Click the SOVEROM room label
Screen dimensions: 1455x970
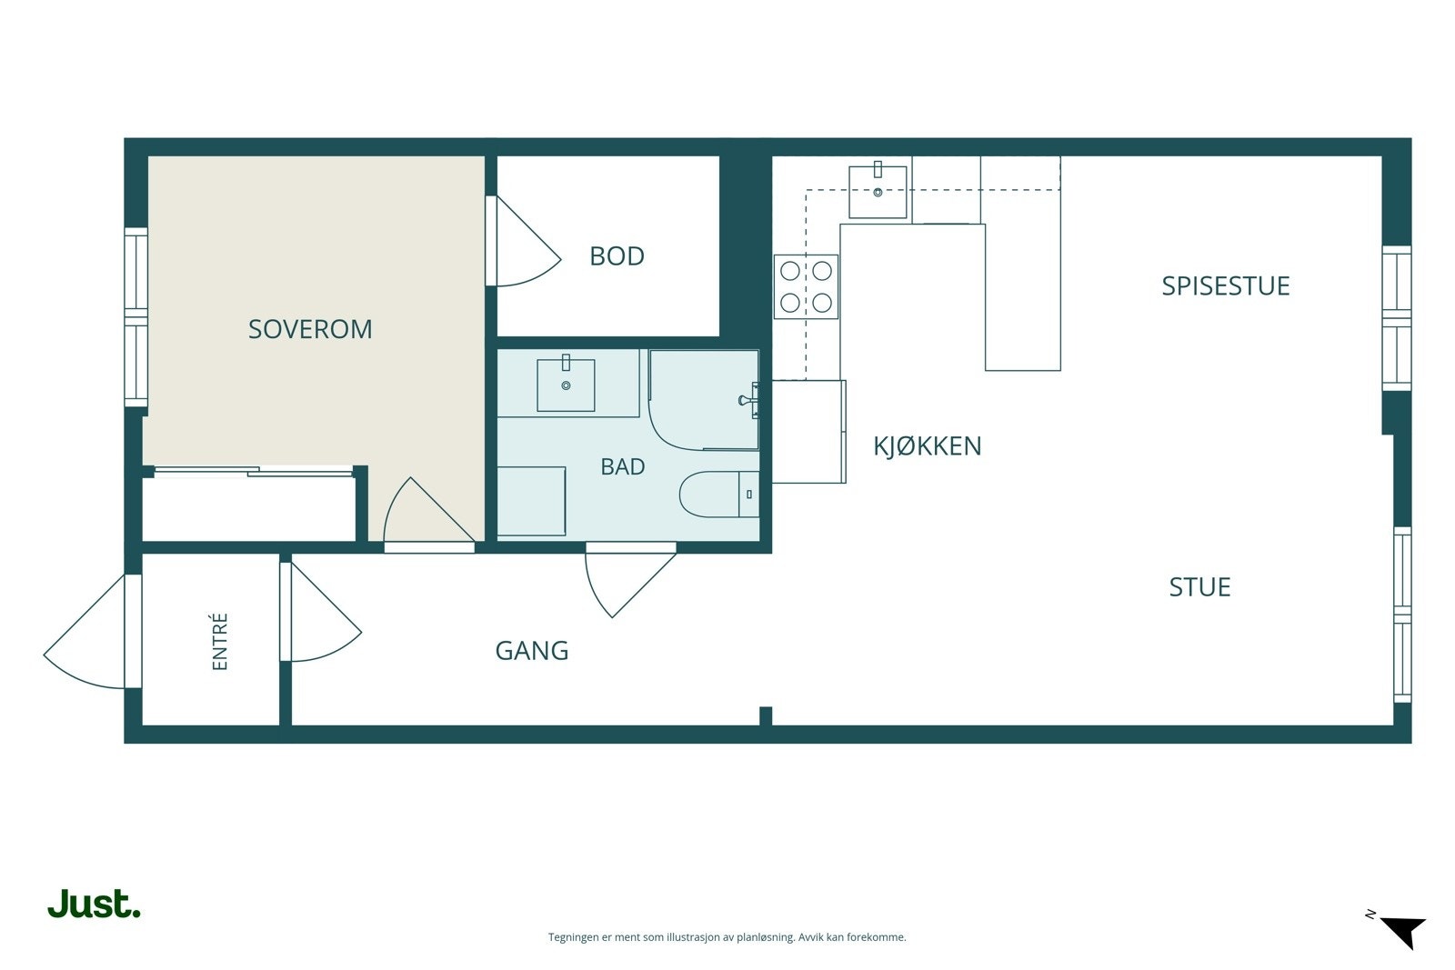(x=310, y=329)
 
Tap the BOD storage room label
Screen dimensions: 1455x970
(x=617, y=256)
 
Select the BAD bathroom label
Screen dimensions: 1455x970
(x=622, y=467)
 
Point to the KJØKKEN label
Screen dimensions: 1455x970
(x=927, y=446)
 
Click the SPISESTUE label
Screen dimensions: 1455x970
(x=1225, y=286)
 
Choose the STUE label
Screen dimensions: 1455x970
(x=1199, y=587)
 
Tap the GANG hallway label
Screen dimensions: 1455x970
(x=531, y=651)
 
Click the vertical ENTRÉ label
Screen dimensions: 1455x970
(x=219, y=642)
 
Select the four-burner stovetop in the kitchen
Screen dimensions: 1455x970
(x=806, y=286)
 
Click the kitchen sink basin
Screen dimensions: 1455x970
(x=878, y=192)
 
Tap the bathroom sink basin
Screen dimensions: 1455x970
(x=566, y=385)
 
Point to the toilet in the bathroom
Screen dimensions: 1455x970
(x=719, y=494)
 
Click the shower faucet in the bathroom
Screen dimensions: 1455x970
(x=749, y=400)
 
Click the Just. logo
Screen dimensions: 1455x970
(x=95, y=904)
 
